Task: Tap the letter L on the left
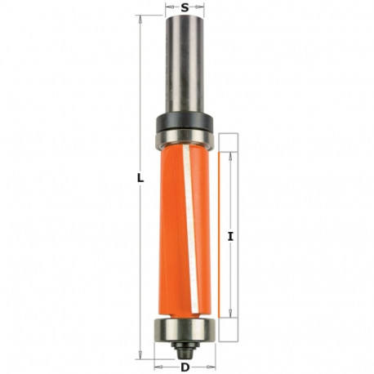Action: pos(141,177)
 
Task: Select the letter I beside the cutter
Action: pos(232,237)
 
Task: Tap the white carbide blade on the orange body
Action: pos(189,220)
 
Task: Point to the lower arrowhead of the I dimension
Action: pos(232,316)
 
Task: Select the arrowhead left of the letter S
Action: pos(168,7)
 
